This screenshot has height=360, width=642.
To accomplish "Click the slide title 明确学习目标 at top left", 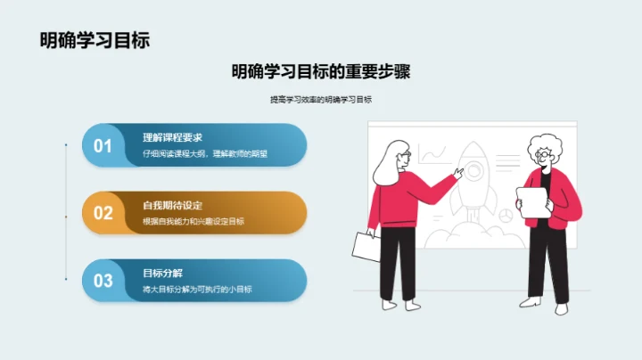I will point(95,39).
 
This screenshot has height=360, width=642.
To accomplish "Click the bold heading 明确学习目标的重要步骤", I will point(320,71).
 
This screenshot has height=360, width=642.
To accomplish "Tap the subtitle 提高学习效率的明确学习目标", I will point(320,100).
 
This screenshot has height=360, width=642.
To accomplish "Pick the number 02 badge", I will point(103,213).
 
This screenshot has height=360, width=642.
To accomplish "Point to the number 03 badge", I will point(103,281).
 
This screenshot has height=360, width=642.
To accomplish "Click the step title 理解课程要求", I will point(173,137).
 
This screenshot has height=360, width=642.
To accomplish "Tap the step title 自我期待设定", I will point(173,204).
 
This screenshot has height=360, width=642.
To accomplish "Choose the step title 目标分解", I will point(162,272).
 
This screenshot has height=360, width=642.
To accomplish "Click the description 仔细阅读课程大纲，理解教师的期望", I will point(205,153).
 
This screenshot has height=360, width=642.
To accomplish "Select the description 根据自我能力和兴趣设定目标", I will point(193,221).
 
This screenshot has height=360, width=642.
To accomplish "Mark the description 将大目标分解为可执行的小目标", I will point(198,289).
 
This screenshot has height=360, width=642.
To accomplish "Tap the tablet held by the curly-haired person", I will point(532,204).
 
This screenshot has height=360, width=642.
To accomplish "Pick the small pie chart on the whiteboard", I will point(505,214).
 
